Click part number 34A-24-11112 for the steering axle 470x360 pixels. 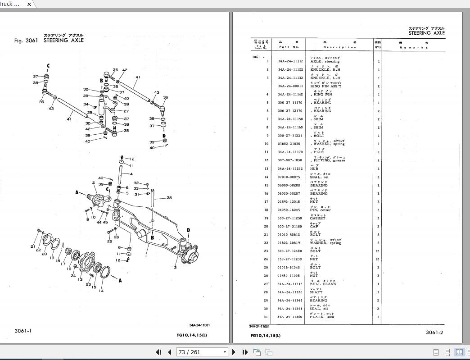click(x=290, y=61)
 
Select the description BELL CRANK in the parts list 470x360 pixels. click(x=323, y=284)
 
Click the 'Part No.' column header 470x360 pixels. click(x=289, y=47)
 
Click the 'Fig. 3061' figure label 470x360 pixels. click(x=26, y=41)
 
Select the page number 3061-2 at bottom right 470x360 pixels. click(x=434, y=333)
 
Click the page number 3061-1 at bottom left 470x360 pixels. click(x=23, y=331)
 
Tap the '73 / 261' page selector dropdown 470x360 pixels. click(x=202, y=352)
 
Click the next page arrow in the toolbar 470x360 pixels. click(x=234, y=352)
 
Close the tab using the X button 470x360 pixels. click(x=29, y=4)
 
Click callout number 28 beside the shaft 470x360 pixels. click(x=169, y=197)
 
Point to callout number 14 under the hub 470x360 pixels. click(x=101, y=291)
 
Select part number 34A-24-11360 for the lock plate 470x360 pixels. click(x=290, y=317)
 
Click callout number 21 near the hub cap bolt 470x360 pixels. click(x=32, y=246)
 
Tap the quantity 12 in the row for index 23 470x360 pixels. click(x=378, y=251)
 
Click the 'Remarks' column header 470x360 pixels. click(x=413, y=47)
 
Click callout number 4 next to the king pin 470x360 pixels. click(x=131, y=174)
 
